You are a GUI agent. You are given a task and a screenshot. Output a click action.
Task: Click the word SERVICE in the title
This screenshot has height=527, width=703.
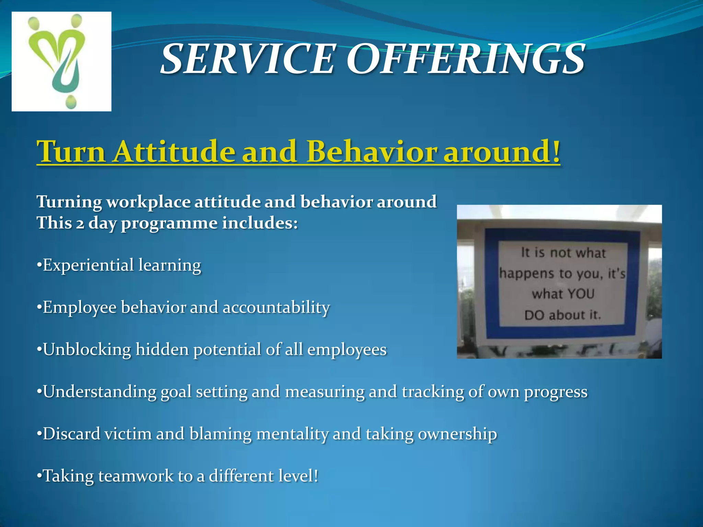[247, 59]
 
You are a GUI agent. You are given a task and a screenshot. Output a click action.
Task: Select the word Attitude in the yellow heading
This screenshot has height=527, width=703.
[174, 151]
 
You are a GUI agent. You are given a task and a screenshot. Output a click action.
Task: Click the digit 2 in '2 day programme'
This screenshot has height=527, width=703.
[80, 224]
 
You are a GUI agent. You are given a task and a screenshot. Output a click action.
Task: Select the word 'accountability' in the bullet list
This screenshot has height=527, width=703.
[276, 307]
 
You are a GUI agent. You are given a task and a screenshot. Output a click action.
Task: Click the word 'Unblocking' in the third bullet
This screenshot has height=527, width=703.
[87, 350]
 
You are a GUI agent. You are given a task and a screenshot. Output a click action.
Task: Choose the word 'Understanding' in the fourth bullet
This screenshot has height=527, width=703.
[100, 392]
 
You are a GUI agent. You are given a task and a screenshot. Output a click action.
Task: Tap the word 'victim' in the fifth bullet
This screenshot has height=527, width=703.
[128, 434]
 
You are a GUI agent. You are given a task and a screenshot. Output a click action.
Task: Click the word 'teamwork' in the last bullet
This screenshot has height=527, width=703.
[136, 476]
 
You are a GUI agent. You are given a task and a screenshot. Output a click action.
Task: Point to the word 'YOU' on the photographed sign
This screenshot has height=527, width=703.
[581, 294]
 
